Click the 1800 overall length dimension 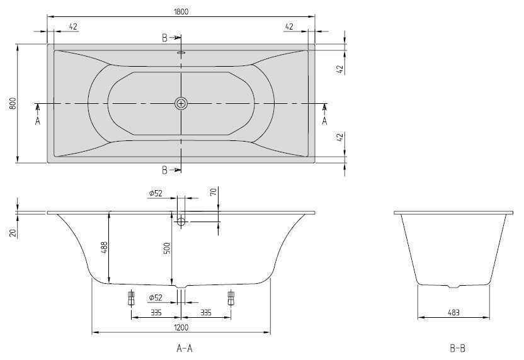click(x=181, y=11)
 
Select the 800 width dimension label click(x=13, y=103)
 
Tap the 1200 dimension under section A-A click(x=181, y=327)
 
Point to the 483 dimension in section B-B click(x=453, y=313)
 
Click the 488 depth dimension click(x=105, y=249)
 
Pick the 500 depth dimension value click(x=167, y=248)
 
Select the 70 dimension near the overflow click(x=214, y=191)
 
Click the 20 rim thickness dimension click(x=13, y=233)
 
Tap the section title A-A click(x=185, y=349)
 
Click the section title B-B click(x=457, y=349)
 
